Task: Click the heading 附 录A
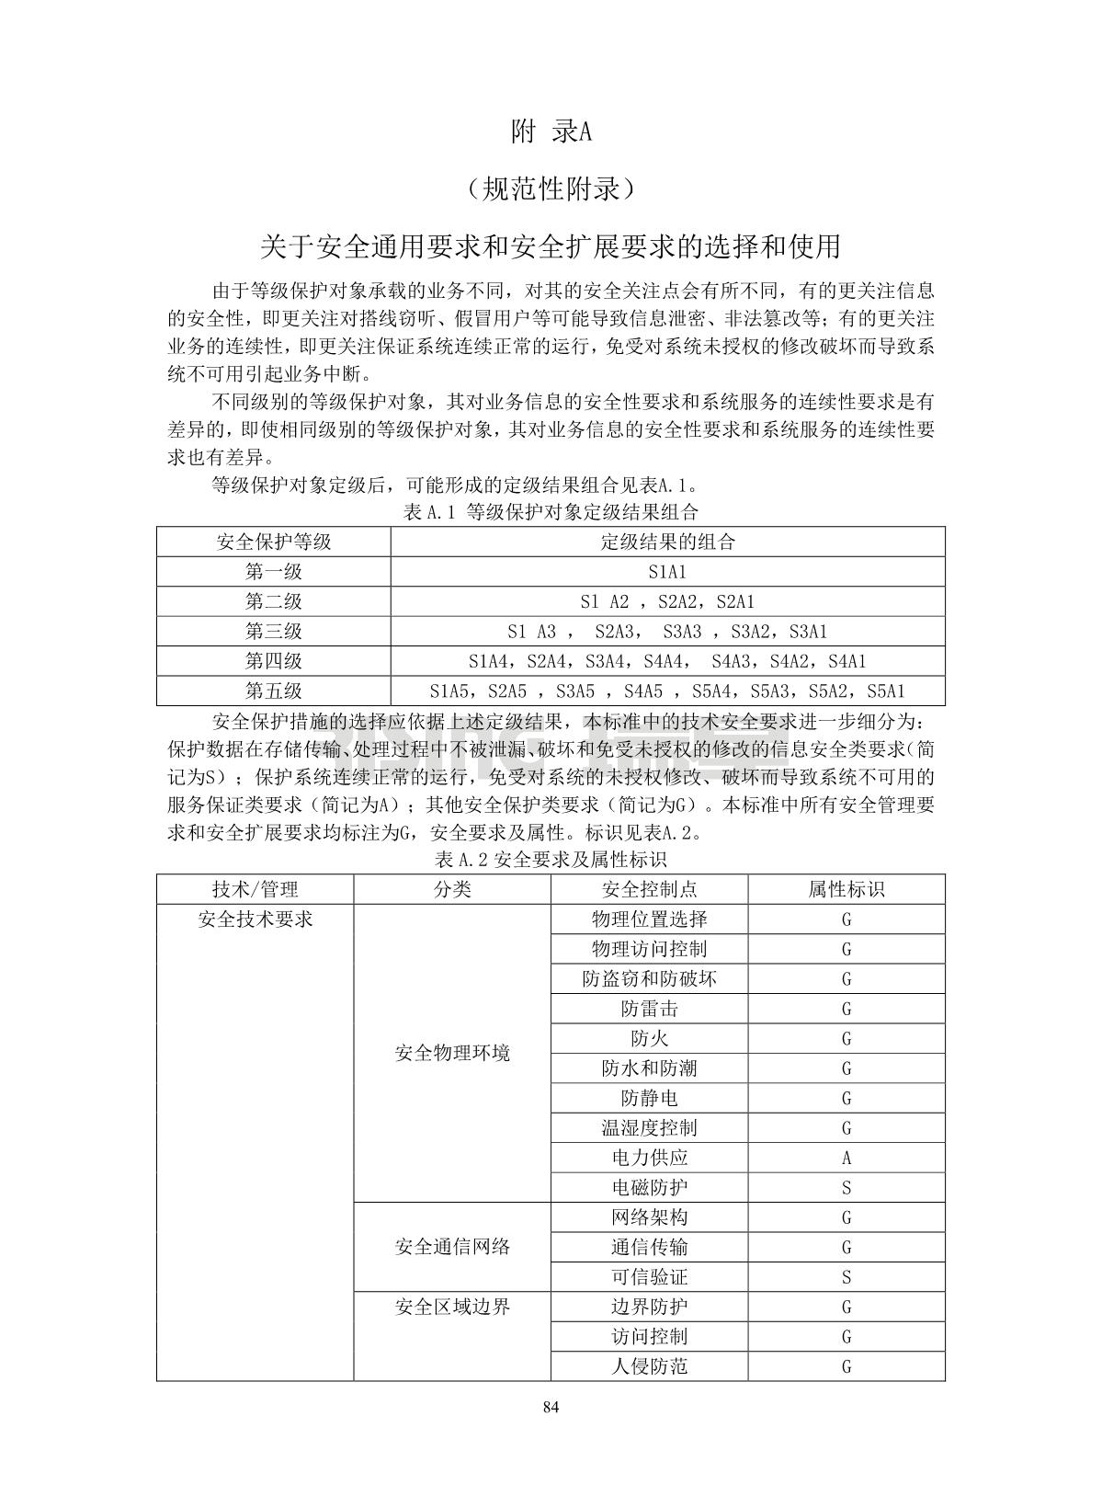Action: coord(551,132)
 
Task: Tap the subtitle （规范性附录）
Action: coord(551,189)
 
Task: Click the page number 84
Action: coord(551,1407)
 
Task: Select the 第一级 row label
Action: coord(273,572)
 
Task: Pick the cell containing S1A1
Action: coord(667,572)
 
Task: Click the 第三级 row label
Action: coord(273,632)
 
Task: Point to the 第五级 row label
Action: coord(273,691)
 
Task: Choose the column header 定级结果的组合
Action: coord(667,542)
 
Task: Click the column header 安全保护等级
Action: coord(273,542)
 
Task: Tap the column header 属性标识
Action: coord(846,889)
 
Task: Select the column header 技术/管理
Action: coord(255,889)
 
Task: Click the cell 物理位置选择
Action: coord(649,919)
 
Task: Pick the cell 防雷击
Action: coord(649,1009)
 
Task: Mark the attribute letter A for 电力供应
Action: coord(846,1159)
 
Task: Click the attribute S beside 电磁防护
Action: coord(846,1188)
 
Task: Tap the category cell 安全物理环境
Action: coord(452,1054)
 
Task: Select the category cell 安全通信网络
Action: coord(452,1248)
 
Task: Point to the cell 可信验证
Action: coord(649,1277)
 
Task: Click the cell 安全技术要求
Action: coord(255,919)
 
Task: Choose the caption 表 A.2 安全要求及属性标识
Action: coord(551,860)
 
